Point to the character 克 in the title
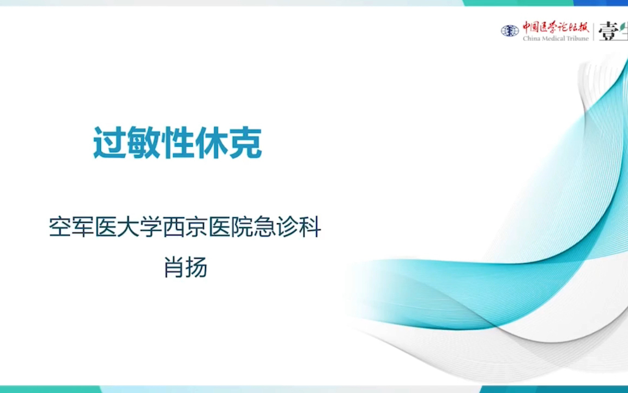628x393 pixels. click(246, 143)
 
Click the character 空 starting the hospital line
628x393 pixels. click(61, 227)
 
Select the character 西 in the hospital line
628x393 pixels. click(174, 227)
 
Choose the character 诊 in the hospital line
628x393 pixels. click(287, 227)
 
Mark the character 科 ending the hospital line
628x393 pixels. click(310, 227)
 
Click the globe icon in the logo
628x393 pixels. click(510, 31)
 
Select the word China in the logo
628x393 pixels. click(532, 38)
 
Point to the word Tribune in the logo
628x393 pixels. click(577, 38)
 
